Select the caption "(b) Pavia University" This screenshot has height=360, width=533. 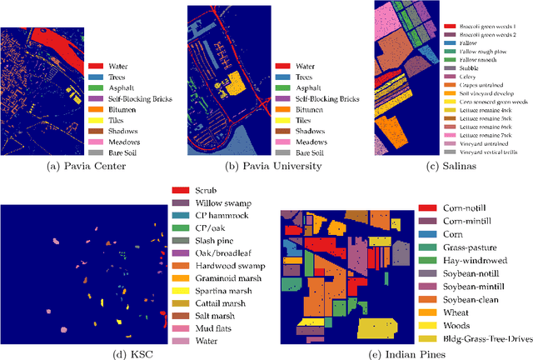click(266, 165)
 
